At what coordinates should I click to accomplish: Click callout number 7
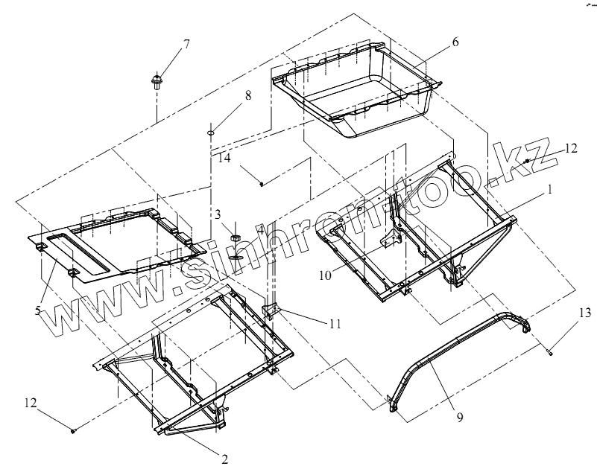pos(186,43)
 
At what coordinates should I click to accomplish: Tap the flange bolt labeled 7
pos(157,80)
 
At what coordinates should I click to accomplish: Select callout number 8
pos(247,95)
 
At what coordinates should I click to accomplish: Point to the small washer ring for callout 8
pos(211,133)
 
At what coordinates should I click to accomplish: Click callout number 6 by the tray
pos(454,42)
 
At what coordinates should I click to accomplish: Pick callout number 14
pos(224,158)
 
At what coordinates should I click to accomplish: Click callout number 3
pos(218,214)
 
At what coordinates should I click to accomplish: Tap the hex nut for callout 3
pos(234,237)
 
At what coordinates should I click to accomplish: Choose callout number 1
pos(549,190)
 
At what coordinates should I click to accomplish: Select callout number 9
pos(460,418)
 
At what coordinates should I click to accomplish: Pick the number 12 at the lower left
pos(30,403)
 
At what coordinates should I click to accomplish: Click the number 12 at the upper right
pos(570,148)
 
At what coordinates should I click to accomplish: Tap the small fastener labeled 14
pos(262,182)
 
